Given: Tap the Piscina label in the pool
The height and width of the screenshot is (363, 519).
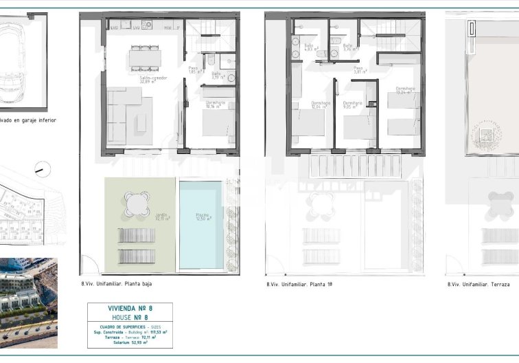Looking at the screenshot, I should pyautogui.click(x=203, y=217).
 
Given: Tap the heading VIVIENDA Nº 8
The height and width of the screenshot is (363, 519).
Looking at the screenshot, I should pyautogui.click(x=130, y=309).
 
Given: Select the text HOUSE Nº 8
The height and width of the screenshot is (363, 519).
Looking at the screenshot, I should pyautogui.click(x=130, y=318).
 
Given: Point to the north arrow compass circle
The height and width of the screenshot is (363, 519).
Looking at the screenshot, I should pyautogui.click(x=43, y=168).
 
